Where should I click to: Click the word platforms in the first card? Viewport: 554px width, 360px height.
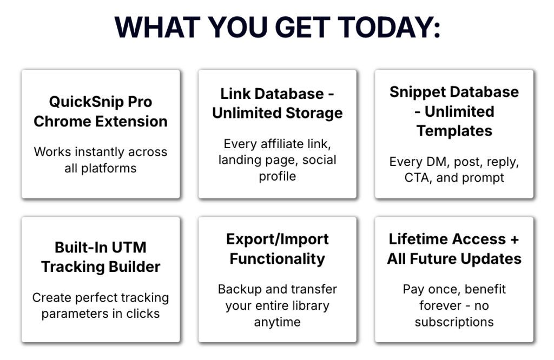(x=109, y=168)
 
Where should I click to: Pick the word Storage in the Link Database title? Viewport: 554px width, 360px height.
(x=314, y=114)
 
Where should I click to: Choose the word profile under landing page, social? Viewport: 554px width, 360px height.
(x=278, y=176)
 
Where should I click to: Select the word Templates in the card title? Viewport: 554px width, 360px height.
(x=454, y=131)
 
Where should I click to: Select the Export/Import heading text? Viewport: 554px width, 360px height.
(x=278, y=239)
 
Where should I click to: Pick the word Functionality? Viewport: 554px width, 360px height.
(x=278, y=259)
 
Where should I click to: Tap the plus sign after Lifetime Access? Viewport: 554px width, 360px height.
(x=515, y=239)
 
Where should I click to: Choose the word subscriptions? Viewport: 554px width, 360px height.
(x=454, y=322)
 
